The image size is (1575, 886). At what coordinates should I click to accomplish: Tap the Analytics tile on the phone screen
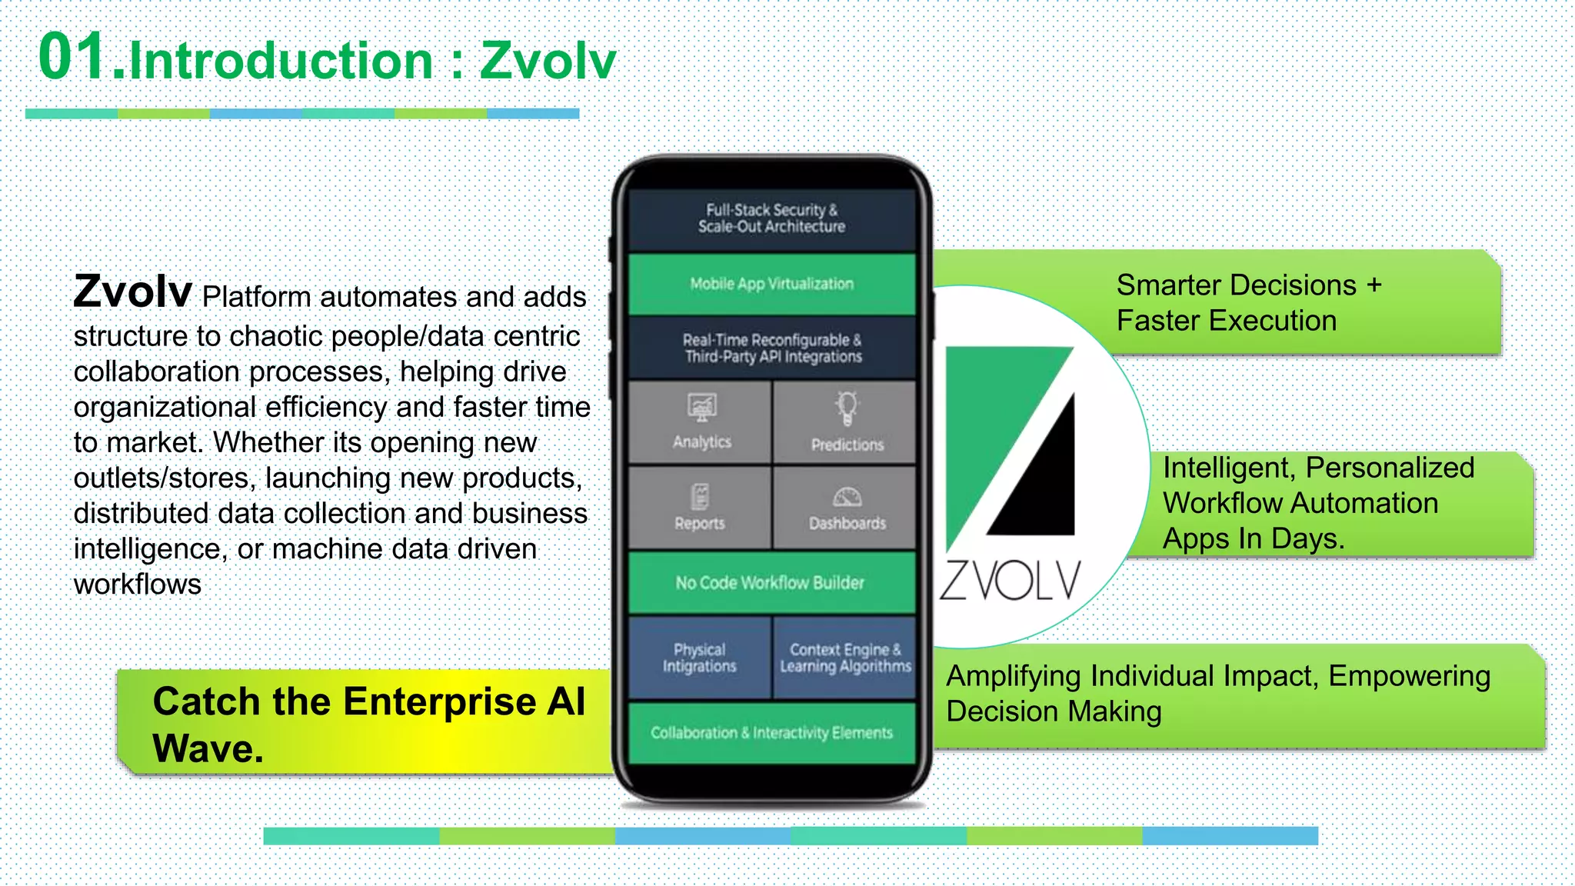(x=700, y=422)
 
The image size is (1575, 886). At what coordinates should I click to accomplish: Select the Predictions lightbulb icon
(x=847, y=408)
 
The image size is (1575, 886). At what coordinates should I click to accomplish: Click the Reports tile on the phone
(x=700, y=508)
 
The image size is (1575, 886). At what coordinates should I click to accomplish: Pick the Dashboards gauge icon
(x=847, y=497)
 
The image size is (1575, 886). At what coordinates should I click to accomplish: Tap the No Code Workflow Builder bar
(x=771, y=582)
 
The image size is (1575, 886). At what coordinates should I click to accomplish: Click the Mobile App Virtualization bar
(x=771, y=284)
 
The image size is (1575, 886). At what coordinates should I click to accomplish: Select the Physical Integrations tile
(x=700, y=658)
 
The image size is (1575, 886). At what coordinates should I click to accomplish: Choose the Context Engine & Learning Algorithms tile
(x=844, y=658)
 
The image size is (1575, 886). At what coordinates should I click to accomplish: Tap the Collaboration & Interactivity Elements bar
(x=771, y=732)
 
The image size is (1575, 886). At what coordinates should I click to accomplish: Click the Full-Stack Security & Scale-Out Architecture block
(x=771, y=218)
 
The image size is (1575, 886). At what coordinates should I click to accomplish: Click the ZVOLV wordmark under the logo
(x=1010, y=581)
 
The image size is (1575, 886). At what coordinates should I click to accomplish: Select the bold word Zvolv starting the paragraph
(x=132, y=292)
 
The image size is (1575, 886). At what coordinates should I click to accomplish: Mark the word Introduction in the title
(x=281, y=61)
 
